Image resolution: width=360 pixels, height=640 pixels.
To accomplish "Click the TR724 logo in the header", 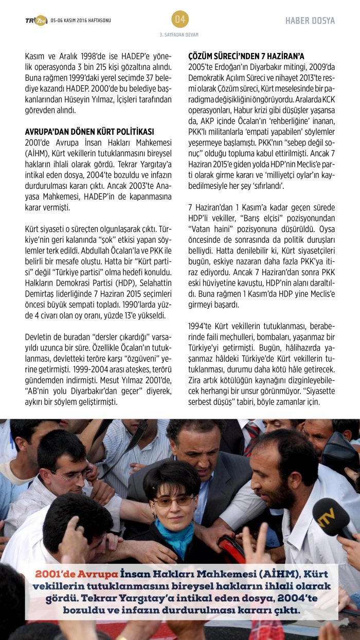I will (36, 20).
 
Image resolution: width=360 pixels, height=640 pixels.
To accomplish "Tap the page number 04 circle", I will (180, 20).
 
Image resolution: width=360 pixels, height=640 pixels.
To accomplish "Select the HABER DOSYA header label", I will (310, 21).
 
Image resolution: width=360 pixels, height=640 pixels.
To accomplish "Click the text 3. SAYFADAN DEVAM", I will (179, 34).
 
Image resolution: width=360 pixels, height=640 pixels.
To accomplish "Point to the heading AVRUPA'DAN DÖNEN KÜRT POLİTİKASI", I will (89, 132).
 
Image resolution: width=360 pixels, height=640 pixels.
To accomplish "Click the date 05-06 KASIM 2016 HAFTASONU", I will (81, 21).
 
